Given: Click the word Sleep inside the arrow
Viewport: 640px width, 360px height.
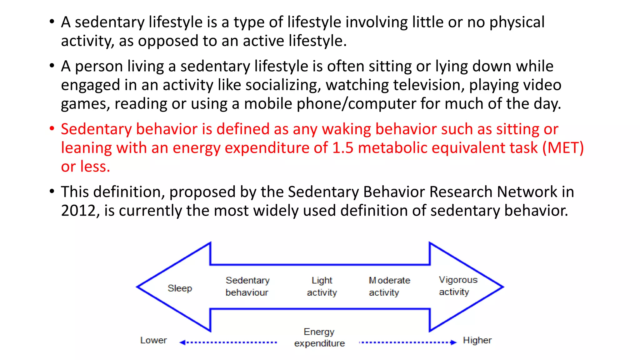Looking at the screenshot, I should pyautogui.click(x=180, y=288).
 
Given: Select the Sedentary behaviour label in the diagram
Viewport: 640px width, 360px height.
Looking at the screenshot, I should pyautogui.click(x=247, y=286).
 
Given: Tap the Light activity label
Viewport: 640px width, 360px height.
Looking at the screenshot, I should pyautogui.click(x=322, y=286).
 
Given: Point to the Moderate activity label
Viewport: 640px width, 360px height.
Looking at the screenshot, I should pyautogui.click(x=389, y=286).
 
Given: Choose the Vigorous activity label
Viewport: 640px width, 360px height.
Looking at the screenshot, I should pyautogui.click(x=458, y=286).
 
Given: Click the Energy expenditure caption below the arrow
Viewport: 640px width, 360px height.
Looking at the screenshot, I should pyautogui.click(x=319, y=337).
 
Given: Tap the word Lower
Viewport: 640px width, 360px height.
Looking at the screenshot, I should pyautogui.click(x=153, y=340).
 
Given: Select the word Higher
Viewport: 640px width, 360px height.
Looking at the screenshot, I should pyautogui.click(x=477, y=340).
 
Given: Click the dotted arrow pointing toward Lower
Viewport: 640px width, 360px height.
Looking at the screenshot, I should pyautogui.click(x=228, y=342).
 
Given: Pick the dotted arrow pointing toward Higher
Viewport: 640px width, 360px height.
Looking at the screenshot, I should pyautogui.click(x=408, y=342).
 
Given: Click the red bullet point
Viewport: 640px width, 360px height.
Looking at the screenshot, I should pyautogui.click(x=52, y=128).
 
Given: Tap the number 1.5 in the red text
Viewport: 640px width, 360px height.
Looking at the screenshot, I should pyautogui.click(x=342, y=148).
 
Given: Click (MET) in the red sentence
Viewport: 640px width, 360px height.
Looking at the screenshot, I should pyautogui.click(x=563, y=148).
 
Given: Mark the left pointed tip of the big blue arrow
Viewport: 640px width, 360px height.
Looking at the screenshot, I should pyautogui.click(x=138, y=287).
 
